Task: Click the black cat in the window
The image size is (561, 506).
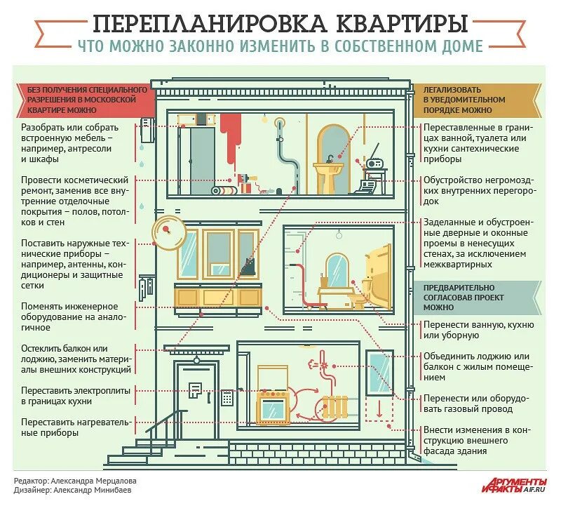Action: (247, 266)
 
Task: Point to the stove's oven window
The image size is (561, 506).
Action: (274, 409)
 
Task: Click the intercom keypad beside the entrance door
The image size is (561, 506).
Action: (227, 397)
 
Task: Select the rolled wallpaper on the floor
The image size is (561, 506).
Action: (226, 190)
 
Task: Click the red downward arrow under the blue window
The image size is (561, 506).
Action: (379, 408)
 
